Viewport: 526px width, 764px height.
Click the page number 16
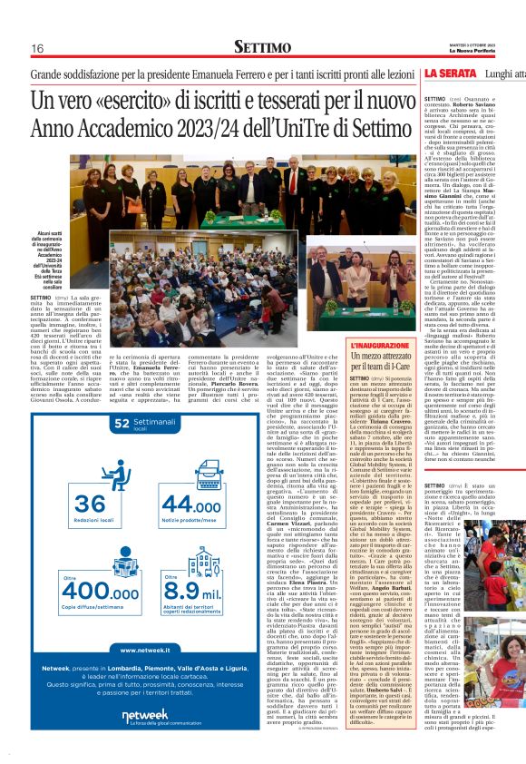point(37,47)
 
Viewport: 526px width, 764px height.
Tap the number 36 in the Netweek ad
point(89,502)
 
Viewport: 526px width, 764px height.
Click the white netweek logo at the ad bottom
point(144,717)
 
